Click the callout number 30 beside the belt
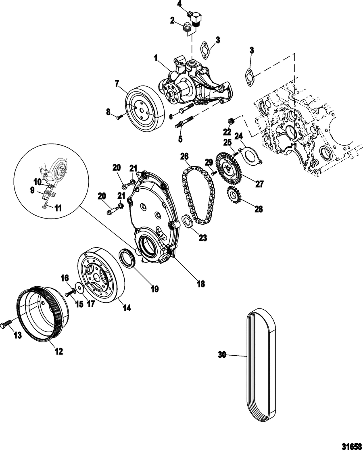[x=222, y=355]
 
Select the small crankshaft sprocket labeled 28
[x=233, y=196]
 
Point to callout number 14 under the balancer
[x=127, y=308]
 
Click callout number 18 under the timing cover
[x=201, y=284]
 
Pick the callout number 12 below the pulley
[x=59, y=351]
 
